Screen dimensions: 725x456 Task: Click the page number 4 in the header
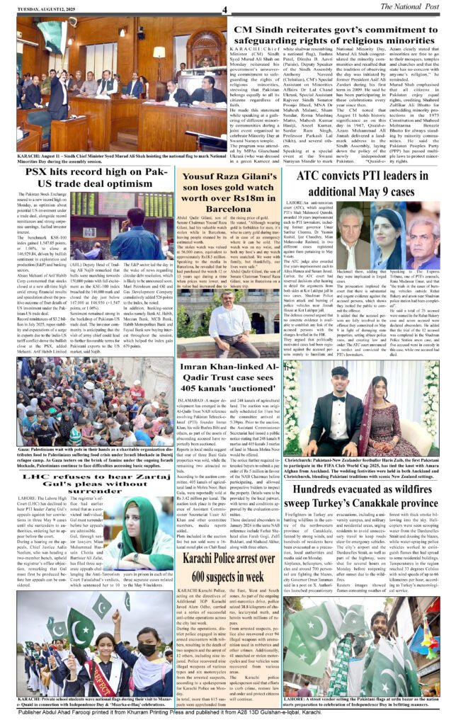(224, 9)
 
